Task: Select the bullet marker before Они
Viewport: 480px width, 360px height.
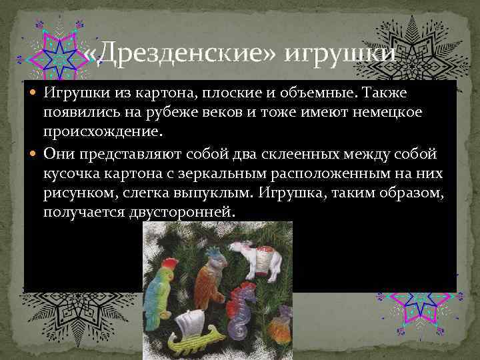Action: pyautogui.click(x=36, y=154)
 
